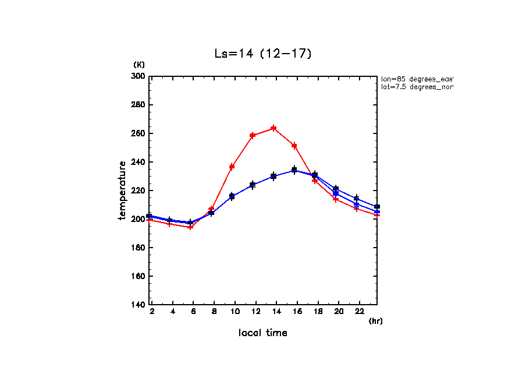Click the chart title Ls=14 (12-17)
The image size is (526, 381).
pyautogui.click(x=263, y=54)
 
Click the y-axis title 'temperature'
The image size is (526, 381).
pyautogui.click(x=122, y=190)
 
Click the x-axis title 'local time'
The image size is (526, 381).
pyautogui.click(x=262, y=333)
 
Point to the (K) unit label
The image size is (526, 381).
pyautogui.click(x=139, y=65)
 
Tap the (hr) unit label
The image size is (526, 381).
pyautogui.click(x=375, y=321)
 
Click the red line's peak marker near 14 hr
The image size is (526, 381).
pyautogui.click(x=273, y=128)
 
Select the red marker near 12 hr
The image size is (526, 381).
pyautogui.click(x=253, y=135)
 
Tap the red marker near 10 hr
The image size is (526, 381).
pyautogui.click(x=232, y=167)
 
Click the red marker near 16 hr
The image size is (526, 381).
pyautogui.click(x=294, y=146)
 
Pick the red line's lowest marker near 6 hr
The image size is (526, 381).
pyautogui.click(x=190, y=227)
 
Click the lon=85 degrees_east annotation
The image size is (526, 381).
pyautogui.click(x=417, y=79)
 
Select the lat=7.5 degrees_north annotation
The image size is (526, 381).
pyautogui.click(x=417, y=87)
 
